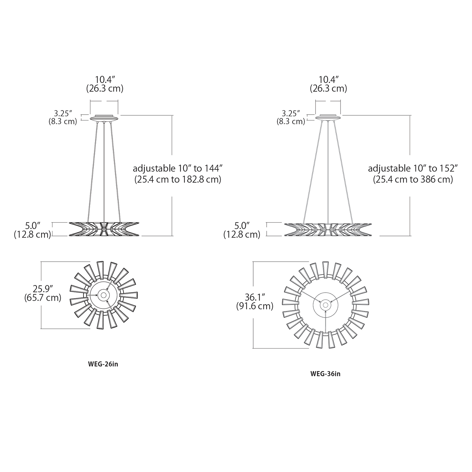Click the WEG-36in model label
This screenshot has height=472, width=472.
325,374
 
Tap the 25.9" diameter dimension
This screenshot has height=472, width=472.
43,289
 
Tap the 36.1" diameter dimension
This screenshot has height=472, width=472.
255,297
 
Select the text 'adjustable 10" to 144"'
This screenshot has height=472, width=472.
178,168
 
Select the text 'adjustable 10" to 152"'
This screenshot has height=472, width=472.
413,168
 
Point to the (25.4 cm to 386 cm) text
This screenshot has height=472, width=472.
413,179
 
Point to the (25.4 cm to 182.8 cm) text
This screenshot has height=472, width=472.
178,179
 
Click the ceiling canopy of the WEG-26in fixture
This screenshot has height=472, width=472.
104,118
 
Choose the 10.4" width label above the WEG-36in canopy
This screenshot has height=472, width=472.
328,80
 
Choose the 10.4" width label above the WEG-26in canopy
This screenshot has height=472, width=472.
105,80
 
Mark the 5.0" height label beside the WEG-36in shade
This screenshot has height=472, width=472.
242,225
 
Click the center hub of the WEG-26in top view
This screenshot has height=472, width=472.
104,295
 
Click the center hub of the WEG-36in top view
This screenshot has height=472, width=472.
325,304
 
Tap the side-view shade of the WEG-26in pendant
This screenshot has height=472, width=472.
104,229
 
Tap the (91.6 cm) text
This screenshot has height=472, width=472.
255,306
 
